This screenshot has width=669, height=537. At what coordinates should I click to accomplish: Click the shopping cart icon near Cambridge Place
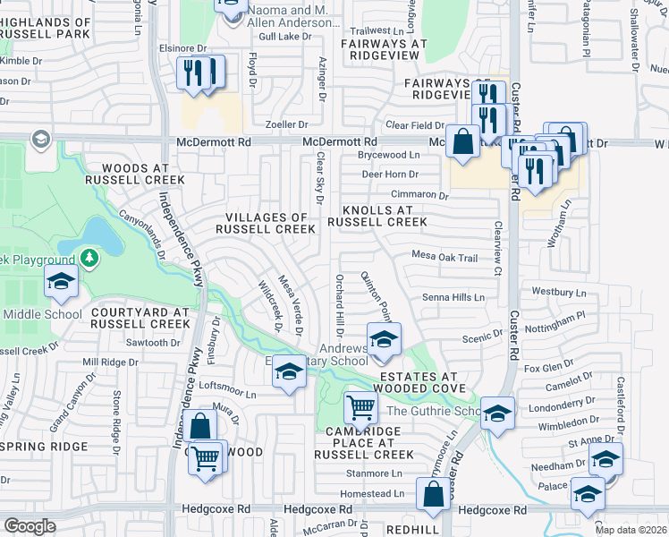pyautogui.click(x=361, y=408)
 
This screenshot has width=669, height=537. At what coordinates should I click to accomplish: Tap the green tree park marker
pyautogui.click(x=89, y=259)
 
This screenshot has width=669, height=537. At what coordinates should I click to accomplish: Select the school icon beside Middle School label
pyautogui.click(x=60, y=283)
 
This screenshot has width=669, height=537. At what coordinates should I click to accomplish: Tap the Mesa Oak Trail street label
pyautogui.click(x=445, y=257)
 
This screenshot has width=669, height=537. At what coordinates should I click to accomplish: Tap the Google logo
pyautogui.click(x=30, y=525)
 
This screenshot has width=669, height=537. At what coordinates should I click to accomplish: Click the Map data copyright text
pyautogui.click(x=630, y=530)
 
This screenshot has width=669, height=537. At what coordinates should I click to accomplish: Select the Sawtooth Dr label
pyautogui.click(x=147, y=343)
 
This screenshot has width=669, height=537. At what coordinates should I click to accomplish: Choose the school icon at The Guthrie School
pyautogui.click(x=498, y=412)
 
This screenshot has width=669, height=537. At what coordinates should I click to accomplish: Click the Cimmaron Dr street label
pyautogui.click(x=419, y=194)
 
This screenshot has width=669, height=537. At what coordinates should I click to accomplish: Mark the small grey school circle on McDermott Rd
pyautogui.click(x=40, y=139)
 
